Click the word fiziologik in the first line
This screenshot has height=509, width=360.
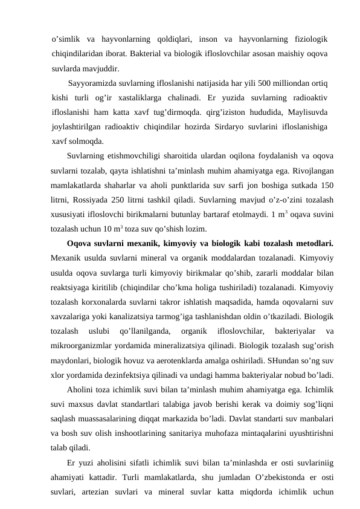point(307,40)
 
